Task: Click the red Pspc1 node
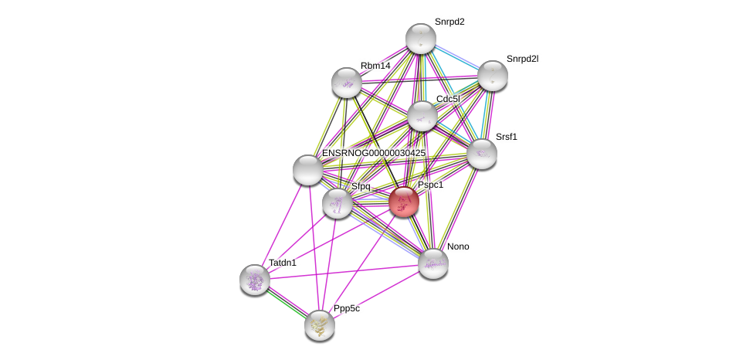[x=403, y=202]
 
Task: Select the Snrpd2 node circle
[x=421, y=39]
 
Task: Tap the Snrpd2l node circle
[x=492, y=76]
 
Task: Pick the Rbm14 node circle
[x=347, y=83]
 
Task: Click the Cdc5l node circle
[x=422, y=116]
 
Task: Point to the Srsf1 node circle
[x=482, y=154]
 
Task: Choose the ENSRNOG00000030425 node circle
[x=307, y=170]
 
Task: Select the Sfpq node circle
[x=337, y=203]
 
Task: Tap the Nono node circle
[x=433, y=263]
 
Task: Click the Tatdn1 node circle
[x=254, y=280]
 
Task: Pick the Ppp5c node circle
[x=320, y=324]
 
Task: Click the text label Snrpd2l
[x=522, y=59]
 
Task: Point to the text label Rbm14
[x=375, y=66]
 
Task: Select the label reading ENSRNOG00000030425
[x=373, y=153]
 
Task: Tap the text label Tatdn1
[x=282, y=263]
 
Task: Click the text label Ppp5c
[x=346, y=308]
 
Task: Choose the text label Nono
[x=458, y=246]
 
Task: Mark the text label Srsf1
[x=507, y=137]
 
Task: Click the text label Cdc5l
[x=448, y=99]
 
